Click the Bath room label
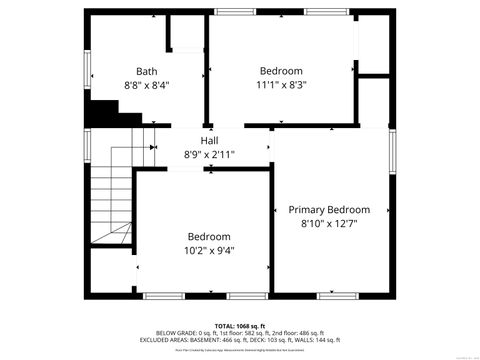(147, 71)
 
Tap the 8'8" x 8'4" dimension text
(147, 86)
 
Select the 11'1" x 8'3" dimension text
(281, 86)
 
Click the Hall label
(209, 140)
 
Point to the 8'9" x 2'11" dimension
(209, 155)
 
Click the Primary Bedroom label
(329, 210)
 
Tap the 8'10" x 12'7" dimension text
(329, 225)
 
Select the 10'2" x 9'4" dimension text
(210, 251)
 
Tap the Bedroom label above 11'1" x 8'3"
(281, 71)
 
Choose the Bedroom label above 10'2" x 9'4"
(210, 236)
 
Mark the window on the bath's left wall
(87, 71)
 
